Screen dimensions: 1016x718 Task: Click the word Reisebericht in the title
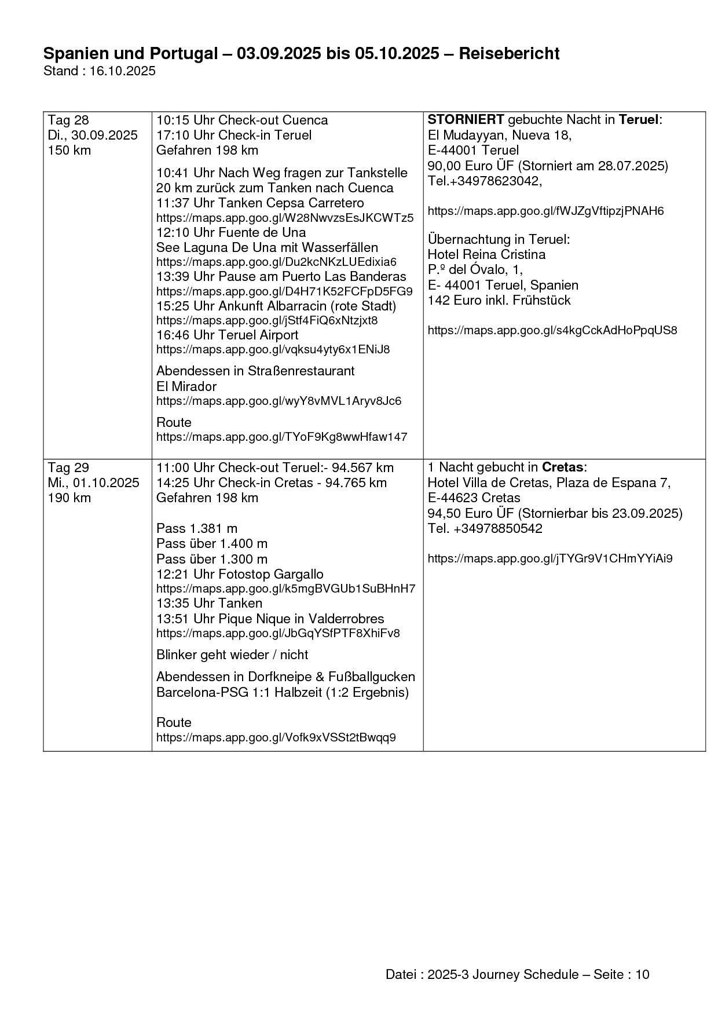click(x=509, y=54)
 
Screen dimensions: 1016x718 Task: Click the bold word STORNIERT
click(x=466, y=120)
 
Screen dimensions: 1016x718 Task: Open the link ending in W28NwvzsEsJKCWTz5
click(x=285, y=218)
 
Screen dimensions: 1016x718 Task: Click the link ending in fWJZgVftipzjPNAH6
click(x=545, y=211)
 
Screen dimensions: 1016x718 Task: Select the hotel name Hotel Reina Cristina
click(x=486, y=254)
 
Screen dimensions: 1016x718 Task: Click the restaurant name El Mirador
click(x=186, y=386)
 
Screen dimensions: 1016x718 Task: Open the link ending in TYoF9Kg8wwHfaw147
click(x=281, y=437)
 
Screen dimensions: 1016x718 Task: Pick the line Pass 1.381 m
click(x=197, y=528)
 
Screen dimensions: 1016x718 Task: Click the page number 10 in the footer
click(x=642, y=974)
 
